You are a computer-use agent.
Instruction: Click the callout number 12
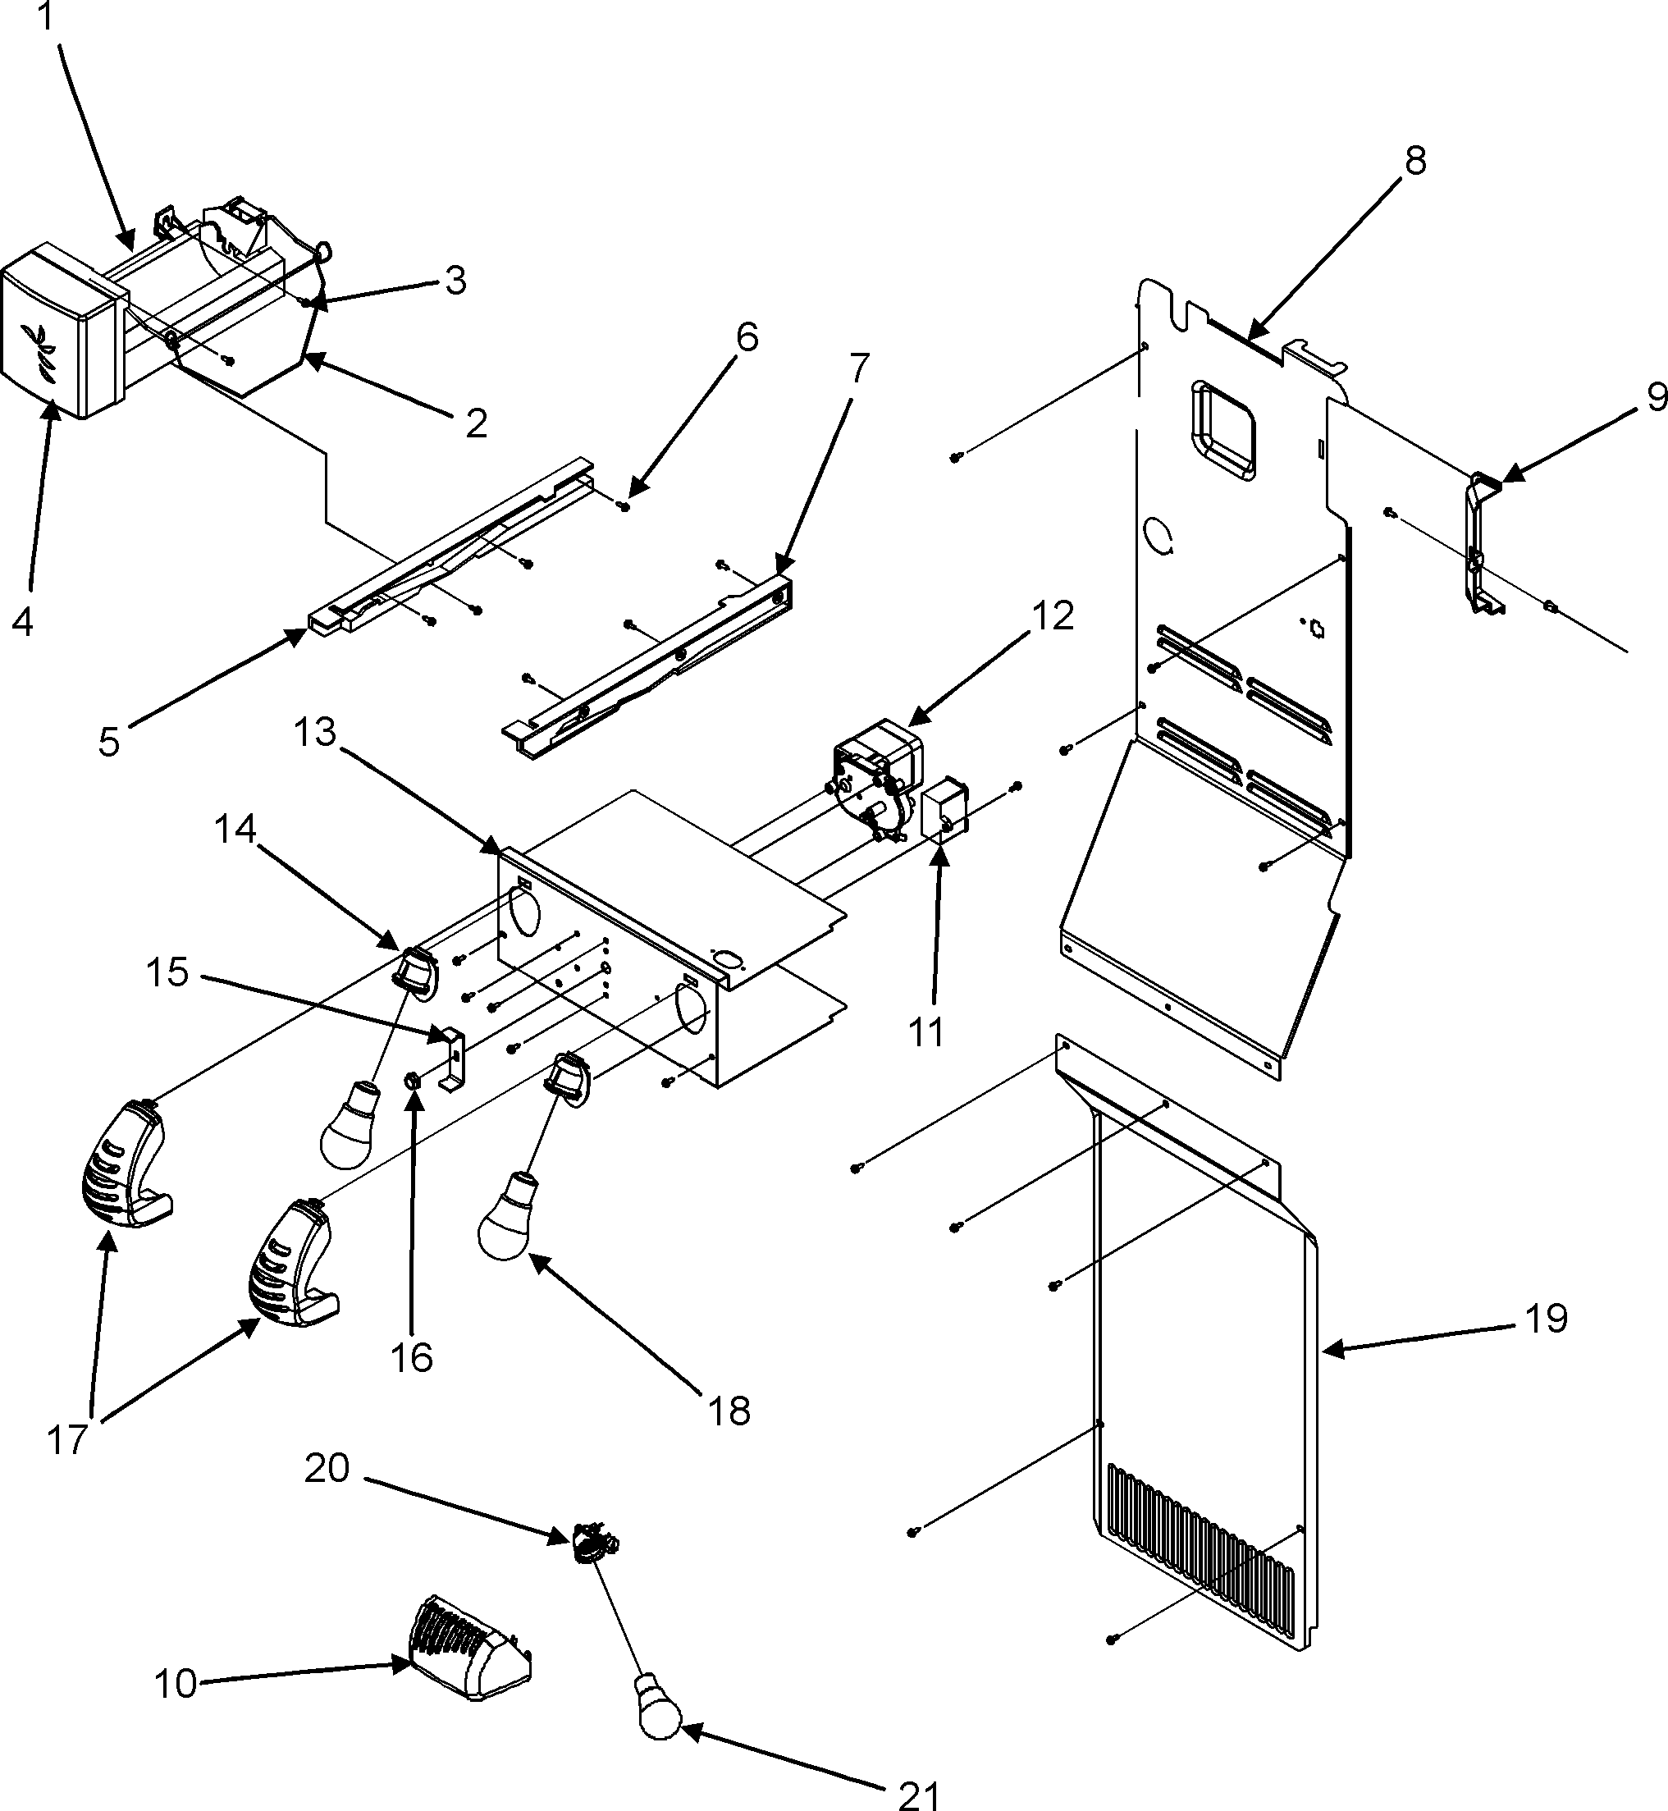click(x=1053, y=615)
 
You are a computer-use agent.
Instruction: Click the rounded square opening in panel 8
click(x=1224, y=430)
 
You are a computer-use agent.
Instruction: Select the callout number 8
click(x=1414, y=162)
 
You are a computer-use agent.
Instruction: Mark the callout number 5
click(x=109, y=742)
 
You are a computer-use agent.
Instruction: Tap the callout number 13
click(x=315, y=732)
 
